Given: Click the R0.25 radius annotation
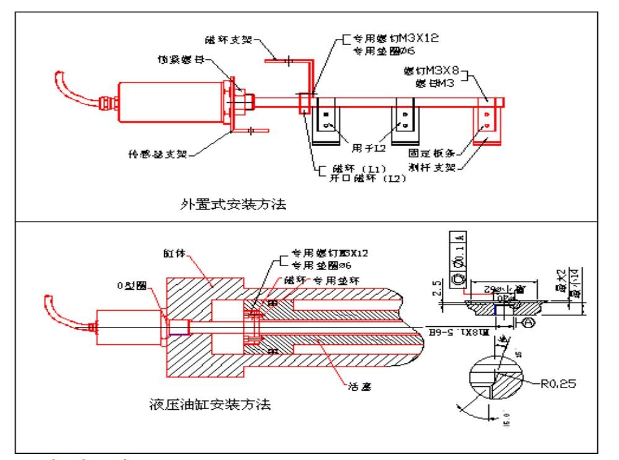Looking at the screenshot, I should [x=561, y=384].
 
